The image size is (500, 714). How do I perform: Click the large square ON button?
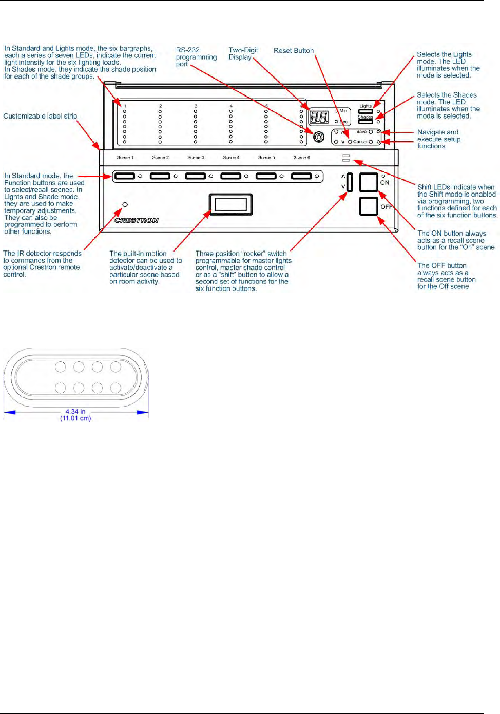click(369, 182)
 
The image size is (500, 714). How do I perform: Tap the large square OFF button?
click(369, 206)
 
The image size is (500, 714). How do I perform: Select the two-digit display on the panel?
click(319, 117)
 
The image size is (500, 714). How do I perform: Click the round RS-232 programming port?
click(319, 137)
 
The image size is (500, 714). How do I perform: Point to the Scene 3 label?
click(196, 158)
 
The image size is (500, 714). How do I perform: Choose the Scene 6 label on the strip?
click(302, 158)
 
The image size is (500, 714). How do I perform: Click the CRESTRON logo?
click(137, 220)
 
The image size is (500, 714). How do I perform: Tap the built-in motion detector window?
click(230, 204)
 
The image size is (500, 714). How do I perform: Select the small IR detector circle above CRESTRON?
click(125, 204)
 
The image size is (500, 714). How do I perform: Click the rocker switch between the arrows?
click(350, 182)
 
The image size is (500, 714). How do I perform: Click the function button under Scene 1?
click(125, 176)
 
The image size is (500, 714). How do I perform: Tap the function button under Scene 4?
click(230, 176)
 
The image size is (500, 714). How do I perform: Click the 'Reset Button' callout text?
click(293, 50)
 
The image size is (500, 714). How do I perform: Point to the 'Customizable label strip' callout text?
click(40, 116)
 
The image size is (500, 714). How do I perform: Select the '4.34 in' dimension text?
click(75, 412)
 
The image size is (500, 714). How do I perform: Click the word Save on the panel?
click(361, 132)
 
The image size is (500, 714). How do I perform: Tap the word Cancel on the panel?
click(360, 142)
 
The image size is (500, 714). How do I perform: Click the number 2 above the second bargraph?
click(160, 106)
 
